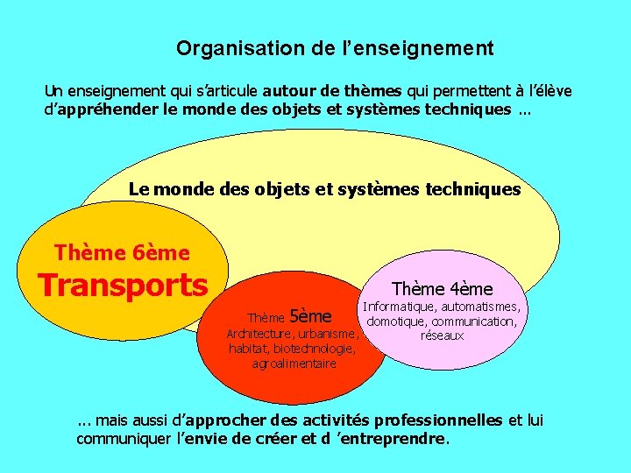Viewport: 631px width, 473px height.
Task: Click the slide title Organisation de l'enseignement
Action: pos(335,48)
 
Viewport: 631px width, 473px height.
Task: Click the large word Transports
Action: pos(123,285)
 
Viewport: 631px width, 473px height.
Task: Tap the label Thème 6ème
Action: pos(122,253)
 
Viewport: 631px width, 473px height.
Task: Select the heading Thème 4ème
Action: pos(442,288)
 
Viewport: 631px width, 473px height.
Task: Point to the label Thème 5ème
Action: pos(289,316)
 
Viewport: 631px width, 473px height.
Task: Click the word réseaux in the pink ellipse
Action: pos(443,335)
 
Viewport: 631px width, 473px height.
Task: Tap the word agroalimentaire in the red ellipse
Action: pos(294,364)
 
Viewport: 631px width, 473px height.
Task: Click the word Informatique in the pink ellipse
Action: pos(400,307)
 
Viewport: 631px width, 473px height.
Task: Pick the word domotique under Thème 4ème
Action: pos(397,321)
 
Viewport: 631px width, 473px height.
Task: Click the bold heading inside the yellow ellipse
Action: pos(324,189)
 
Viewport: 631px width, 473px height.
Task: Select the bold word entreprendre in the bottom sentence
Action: pos(398,438)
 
